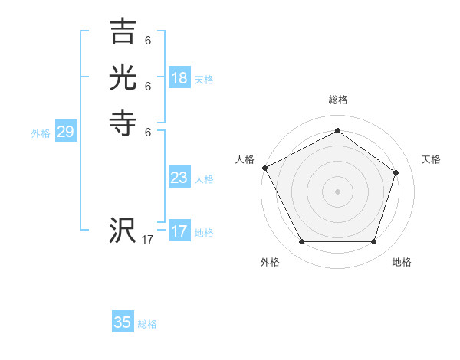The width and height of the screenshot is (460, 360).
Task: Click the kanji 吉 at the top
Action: click(x=123, y=32)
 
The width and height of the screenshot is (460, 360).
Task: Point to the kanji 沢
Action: click(x=123, y=230)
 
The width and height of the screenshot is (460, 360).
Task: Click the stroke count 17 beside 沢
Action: click(x=148, y=240)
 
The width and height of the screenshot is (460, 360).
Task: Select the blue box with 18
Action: click(x=179, y=78)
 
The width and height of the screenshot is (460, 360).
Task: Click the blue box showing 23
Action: click(x=179, y=178)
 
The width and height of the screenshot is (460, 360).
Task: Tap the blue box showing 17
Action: click(x=179, y=231)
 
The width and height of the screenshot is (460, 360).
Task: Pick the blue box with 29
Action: click(x=65, y=132)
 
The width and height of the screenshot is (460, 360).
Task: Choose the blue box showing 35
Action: click(x=123, y=322)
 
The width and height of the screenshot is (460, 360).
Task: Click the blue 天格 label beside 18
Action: click(x=204, y=80)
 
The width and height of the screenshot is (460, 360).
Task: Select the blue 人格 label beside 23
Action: click(x=204, y=179)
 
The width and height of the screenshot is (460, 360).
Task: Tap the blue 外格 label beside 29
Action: click(x=41, y=133)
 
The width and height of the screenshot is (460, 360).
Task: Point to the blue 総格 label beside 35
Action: click(x=147, y=324)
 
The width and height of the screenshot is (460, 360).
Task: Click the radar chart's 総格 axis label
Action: click(x=337, y=100)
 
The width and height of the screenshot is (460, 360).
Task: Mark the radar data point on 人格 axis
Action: click(x=264, y=168)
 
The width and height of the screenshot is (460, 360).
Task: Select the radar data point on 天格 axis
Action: click(x=396, y=172)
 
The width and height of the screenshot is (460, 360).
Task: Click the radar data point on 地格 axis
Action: click(x=373, y=241)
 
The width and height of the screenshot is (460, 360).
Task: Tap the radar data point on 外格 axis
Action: click(x=301, y=241)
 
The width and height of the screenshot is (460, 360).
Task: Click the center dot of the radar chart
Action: click(x=337, y=191)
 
